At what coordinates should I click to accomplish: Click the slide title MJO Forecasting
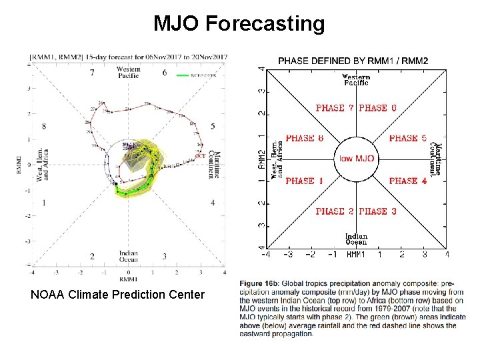(x=239, y=24)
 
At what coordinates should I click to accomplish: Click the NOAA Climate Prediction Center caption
(x=118, y=294)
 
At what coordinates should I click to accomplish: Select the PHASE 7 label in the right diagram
(x=335, y=108)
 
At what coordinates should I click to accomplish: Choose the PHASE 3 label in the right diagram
(x=377, y=211)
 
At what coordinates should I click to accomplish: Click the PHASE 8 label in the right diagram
(x=304, y=139)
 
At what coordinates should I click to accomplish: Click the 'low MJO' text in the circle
(x=357, y=159)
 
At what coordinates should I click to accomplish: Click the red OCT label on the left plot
(x=199, y=155)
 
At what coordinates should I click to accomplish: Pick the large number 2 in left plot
(x=92, y=256)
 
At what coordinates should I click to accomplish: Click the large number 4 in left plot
(x=212, y=203)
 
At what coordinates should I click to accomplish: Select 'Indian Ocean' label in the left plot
(x=128, y=256)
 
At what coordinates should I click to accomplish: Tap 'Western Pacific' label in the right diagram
(x=357, y=80)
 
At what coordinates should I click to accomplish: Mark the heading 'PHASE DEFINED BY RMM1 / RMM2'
(x=353, y=61)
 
